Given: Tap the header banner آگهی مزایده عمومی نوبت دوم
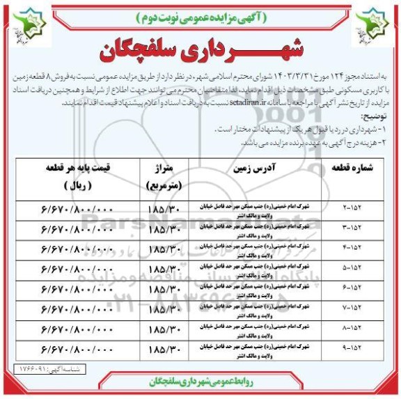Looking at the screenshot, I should click(x=201, y=15).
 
